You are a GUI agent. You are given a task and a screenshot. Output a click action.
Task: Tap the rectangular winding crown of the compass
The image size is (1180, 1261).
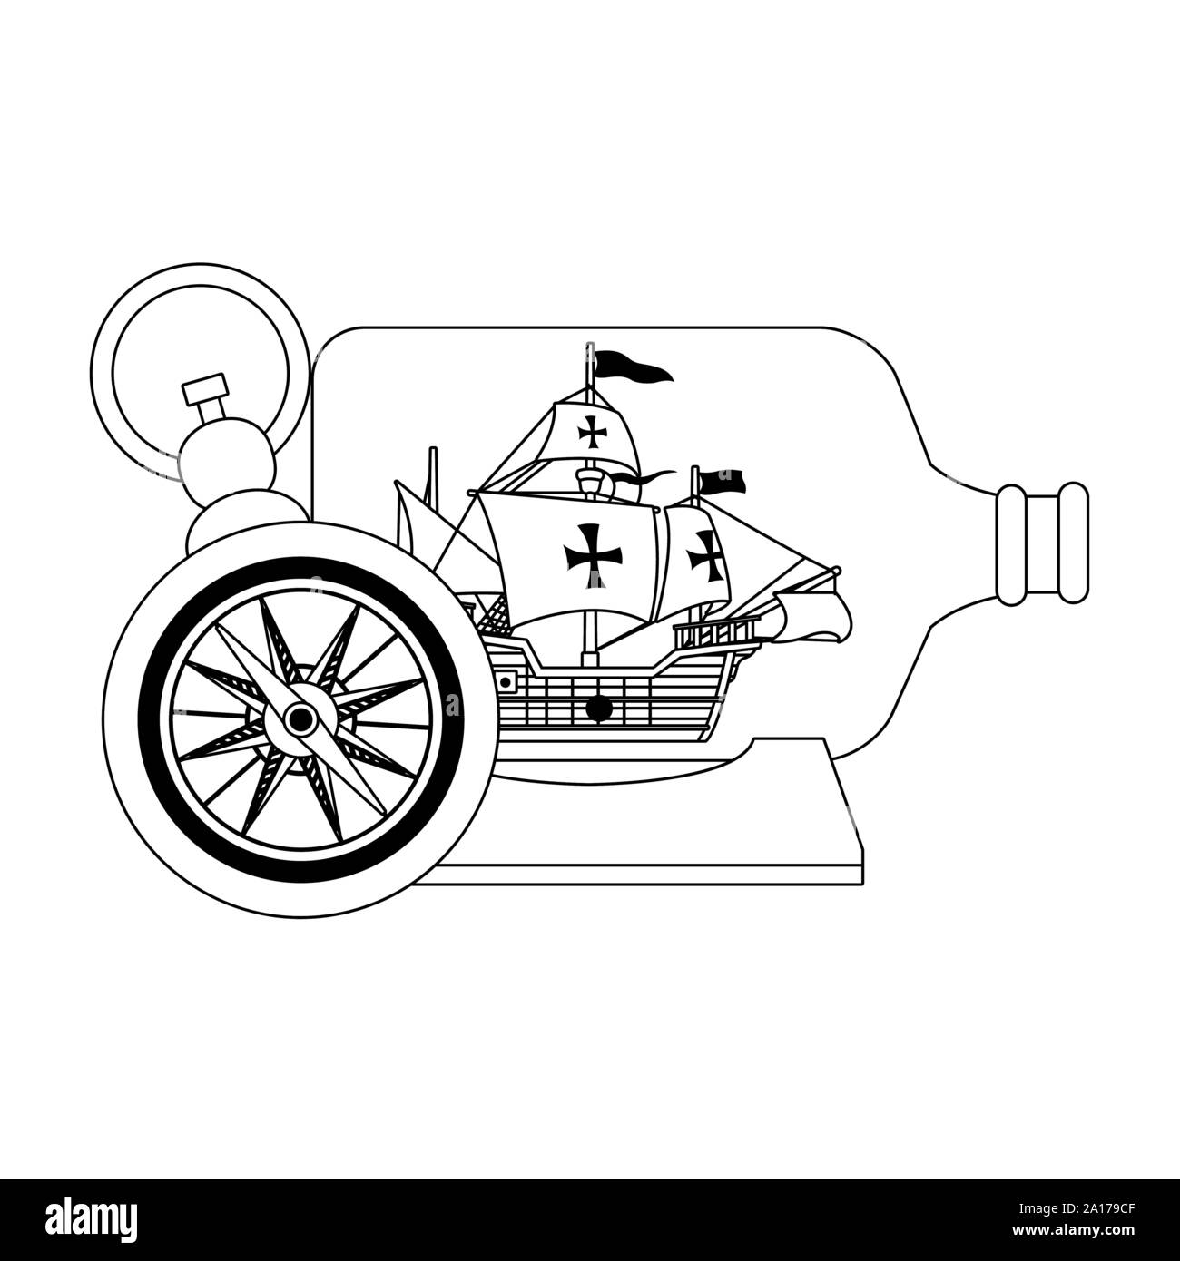click(x=205, y=388)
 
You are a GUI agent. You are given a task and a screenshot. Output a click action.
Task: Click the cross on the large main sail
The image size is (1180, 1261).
click(x=592, y=556)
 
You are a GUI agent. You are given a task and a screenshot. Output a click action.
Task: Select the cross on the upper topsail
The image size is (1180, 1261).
click(x=592, y=432)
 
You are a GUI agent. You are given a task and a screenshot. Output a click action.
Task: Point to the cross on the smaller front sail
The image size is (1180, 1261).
click(x=705, y=556)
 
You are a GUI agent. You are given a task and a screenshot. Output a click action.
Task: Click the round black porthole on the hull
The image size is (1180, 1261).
click(x=598, y=708)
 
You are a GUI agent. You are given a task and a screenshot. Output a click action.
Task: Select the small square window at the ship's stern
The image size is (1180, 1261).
click(x=506, y=682)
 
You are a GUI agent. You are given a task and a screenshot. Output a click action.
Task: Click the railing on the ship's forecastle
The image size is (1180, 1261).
click(x=715, y=632)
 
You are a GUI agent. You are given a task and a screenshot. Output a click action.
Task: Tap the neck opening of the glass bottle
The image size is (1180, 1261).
click(x=1042, y=543)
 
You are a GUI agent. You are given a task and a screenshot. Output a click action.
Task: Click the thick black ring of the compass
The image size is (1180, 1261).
click(x=145, y=719)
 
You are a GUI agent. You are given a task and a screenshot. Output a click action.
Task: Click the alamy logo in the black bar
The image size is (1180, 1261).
click(x=92, y=1220)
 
